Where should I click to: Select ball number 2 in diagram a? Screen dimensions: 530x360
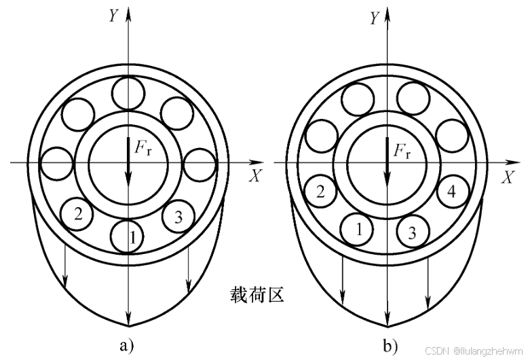coord(78,215)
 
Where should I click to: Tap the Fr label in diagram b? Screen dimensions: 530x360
coord(402,149)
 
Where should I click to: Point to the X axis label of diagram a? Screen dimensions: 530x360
coord(255,177)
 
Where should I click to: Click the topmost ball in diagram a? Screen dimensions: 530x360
coord(128,93)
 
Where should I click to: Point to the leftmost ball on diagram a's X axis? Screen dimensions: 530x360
coord(56,164)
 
